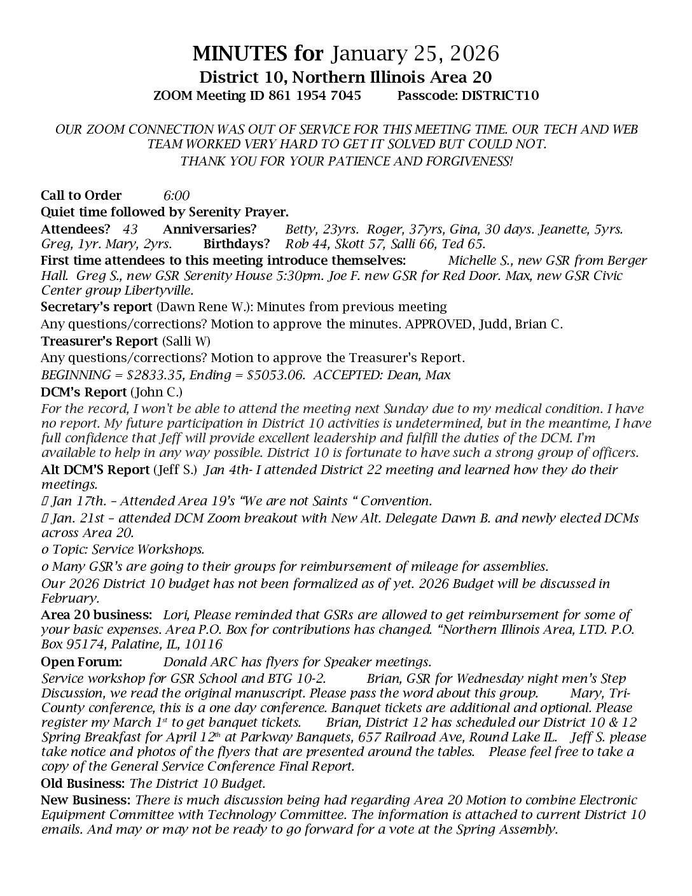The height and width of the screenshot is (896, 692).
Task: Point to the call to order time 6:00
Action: click(x=176, y=195)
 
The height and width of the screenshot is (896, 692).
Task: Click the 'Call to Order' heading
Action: click(x=81, y=195)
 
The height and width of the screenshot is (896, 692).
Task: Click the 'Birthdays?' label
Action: click(x=236, y=244)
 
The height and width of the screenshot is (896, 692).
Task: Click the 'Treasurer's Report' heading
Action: click(x=99, y=341)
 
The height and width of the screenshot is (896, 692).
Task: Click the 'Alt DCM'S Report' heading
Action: click(x=95, y=470)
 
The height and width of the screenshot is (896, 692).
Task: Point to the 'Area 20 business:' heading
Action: click(x=96, y=615)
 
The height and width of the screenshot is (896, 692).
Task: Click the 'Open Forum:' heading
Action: click(x=81, y=662)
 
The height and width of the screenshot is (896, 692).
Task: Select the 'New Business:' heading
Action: click(x=86, y=800)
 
